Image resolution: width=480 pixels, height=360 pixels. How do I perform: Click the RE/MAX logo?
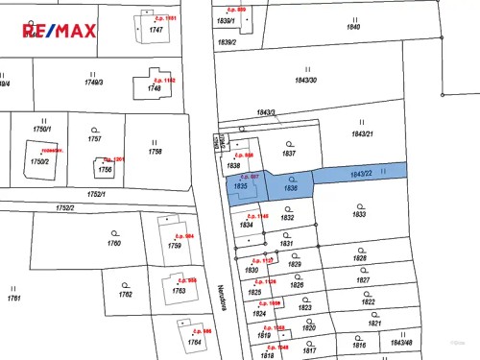60,31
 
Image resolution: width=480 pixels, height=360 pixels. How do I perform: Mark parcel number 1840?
353,27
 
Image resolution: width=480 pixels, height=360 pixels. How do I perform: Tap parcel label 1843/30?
307,80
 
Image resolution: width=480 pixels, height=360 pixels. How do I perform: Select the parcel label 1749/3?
93,83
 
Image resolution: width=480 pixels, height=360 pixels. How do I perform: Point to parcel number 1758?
155,151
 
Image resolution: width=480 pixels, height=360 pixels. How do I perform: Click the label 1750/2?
38,161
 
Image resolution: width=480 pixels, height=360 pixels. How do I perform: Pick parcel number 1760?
114,243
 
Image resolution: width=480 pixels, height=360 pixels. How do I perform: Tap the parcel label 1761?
13,298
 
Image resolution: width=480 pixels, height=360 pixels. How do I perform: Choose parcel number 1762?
125,293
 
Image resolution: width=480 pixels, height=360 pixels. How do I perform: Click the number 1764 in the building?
194,341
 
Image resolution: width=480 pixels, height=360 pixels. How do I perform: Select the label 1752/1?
96,194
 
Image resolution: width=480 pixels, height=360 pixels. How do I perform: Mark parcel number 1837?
289,153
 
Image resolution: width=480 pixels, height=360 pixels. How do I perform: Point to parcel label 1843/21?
362,132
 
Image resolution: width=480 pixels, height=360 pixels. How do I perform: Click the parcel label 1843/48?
401,342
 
